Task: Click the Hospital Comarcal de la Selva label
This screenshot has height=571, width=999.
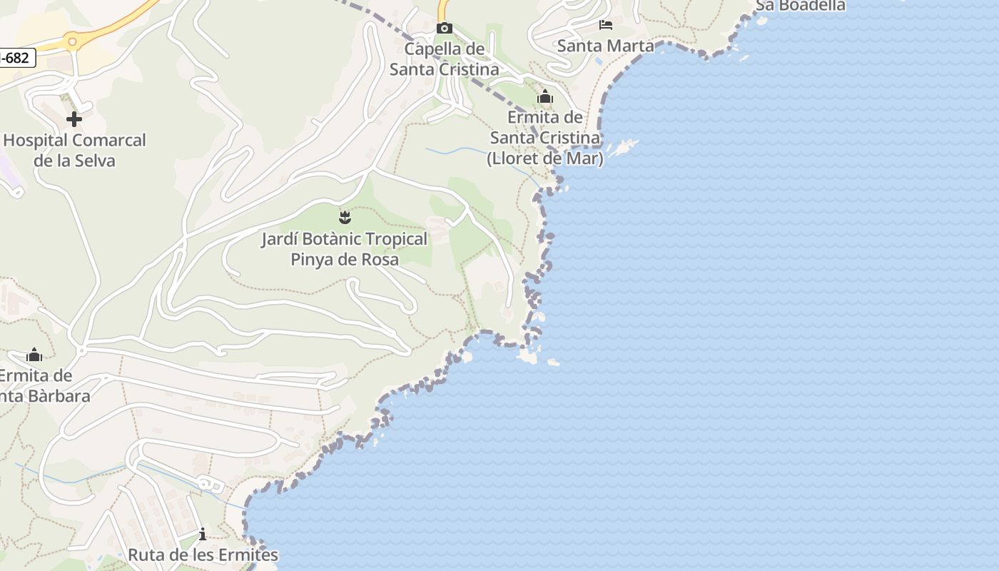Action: [74, 150]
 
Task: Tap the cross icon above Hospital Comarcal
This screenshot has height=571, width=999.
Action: [73, 119]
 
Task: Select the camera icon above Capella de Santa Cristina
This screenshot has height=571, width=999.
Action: [444, 29]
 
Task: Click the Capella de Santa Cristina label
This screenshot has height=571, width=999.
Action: [444, 59]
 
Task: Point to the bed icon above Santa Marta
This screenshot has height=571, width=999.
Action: [606, 25]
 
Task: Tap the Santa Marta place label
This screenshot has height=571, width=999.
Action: [605, 46]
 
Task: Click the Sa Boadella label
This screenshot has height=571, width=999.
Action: [800, 6]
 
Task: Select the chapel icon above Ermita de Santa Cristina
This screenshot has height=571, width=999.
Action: [545, 96]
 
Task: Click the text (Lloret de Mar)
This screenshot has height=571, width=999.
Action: [545, 158]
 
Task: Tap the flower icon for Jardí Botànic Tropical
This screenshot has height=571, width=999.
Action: [345, 216]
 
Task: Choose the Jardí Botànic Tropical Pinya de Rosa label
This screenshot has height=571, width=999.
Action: [345, 248]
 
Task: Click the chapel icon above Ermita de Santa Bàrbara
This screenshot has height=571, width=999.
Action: [34, 355]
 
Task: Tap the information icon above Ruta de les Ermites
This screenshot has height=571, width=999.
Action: [203, 534]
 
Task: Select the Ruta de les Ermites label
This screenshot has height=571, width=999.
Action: [203, 555]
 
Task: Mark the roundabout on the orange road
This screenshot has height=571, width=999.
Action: [72, 42]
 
